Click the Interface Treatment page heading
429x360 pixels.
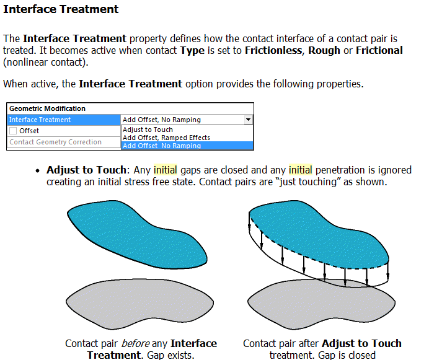pos(61,10)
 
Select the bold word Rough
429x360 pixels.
pos(324,50)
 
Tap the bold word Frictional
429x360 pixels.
pos(379,50)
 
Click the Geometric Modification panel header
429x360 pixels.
pos(48,108)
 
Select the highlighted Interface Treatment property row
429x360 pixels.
pos(64,120)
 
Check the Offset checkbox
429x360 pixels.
pos(13,131)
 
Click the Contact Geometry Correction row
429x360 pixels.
pos(55,142)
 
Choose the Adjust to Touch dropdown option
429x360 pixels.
pos(148,130)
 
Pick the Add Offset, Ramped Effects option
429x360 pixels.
pos(166,138)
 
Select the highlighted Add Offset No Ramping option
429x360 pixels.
pos(162,146)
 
